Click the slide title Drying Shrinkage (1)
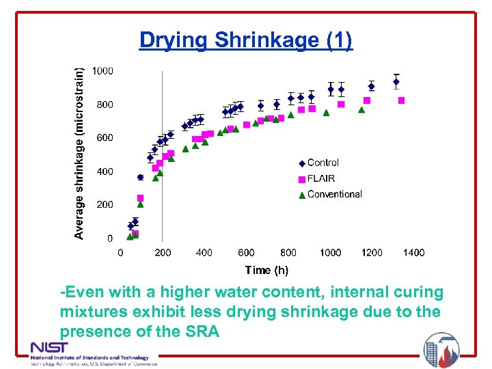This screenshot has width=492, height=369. [x=246, y=40]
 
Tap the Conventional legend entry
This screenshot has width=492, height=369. [x=334, y=194]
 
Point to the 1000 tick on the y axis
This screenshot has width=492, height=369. [x=103, y=71]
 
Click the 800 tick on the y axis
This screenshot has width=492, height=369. [x=105, y=105]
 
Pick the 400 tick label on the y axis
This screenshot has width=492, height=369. [x=105, y=172]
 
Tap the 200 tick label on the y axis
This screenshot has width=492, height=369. [x=105, y=205]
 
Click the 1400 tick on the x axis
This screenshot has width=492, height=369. [x=413, y=253]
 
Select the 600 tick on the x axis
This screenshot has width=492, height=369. [x=246, y=253]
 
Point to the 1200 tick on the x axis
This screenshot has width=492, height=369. [x=372, y=253]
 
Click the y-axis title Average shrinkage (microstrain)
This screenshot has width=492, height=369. [x=80, y=152]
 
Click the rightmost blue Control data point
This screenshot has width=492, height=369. [x=396, y=82]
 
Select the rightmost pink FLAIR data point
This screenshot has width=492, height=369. [x=401, y=100]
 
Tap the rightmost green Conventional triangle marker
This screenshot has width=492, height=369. [x=361, y=109]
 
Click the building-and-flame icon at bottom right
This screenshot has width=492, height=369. [x=441, y=350]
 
